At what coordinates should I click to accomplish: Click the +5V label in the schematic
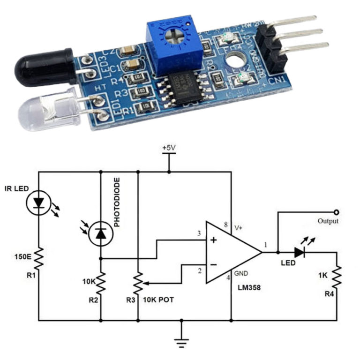[x=169, y=148]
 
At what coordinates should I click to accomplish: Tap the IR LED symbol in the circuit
[x=38, y=202]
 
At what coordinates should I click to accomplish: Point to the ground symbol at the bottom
[x=181, y=342]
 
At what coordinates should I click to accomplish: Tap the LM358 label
[x=248, y=290]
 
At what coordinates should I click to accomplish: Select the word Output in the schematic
[x=327, y=221]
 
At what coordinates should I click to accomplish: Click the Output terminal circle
[x=337, y=212]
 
